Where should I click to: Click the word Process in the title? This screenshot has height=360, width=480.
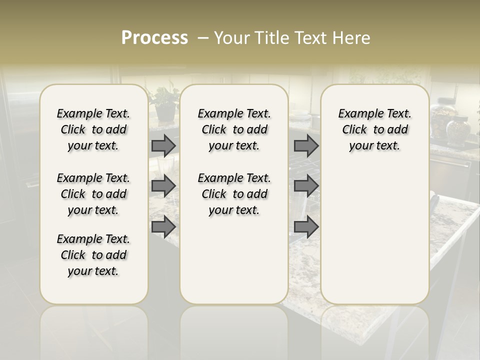coord(154,38)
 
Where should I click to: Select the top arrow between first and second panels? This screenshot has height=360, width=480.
coord(163,145)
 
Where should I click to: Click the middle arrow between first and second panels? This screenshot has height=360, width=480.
coord(163,186)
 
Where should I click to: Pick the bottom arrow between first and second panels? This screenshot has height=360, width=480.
coord(163,227)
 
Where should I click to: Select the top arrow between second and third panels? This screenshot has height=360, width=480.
coord(306,145)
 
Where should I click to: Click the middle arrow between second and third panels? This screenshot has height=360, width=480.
coord(306,186)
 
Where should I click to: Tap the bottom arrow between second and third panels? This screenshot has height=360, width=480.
coord(306,227)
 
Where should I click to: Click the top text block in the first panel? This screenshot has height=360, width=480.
coord(93,129)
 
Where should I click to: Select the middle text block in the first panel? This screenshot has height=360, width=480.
coord(93,194)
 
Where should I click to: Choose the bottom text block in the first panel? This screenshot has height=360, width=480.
coord(93,255)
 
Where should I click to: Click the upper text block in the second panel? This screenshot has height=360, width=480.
coord(234,129)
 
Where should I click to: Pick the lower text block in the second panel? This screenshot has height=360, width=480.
coord(234,194)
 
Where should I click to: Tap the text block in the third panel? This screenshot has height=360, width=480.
coord(375,129)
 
